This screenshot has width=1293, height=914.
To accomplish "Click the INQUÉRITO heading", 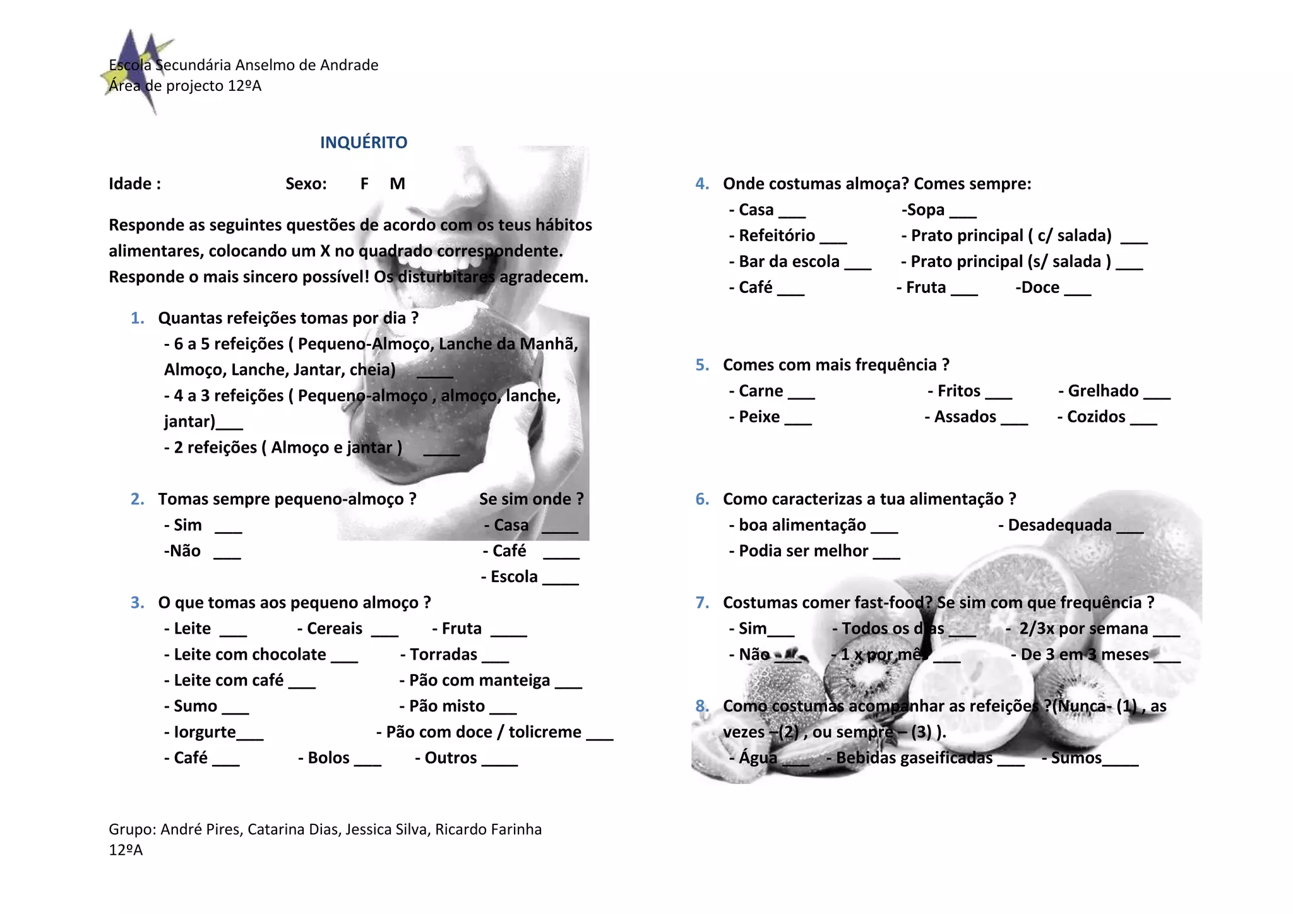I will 364,143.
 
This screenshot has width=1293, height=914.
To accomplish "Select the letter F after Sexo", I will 364,184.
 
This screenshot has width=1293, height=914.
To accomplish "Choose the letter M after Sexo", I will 397,184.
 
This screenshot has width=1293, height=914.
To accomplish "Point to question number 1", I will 137,318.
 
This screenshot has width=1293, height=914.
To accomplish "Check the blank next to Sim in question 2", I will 229,528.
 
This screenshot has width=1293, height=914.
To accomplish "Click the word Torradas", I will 443,655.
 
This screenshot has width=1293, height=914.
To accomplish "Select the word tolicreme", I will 545,732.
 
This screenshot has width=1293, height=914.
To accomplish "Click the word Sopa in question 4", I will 926,210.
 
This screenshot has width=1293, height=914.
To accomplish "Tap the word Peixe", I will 759,417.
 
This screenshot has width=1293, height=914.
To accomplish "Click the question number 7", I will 702,603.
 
